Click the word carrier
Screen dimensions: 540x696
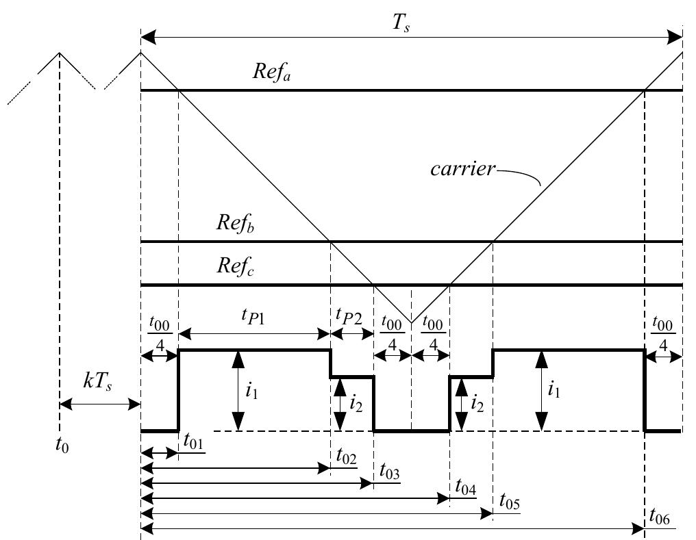[x=463, y=169]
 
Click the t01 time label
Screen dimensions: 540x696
[x=192, y=443]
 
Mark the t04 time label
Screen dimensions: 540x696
[x=464, y=489]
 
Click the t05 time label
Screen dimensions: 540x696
[x=508, y=504]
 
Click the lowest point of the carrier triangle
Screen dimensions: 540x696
[x=411, y=322]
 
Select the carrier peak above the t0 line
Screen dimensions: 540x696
[x=60, y=53]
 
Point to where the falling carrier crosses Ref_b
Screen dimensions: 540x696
[x=331, y=242]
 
